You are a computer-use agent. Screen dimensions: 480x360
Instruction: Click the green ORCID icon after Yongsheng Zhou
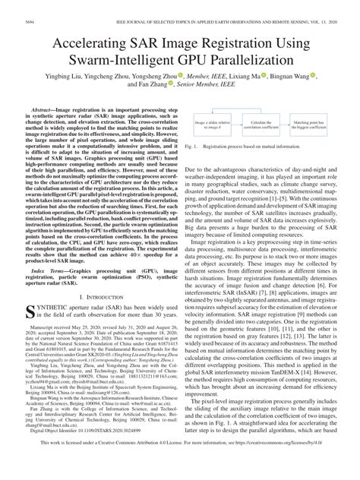182,77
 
